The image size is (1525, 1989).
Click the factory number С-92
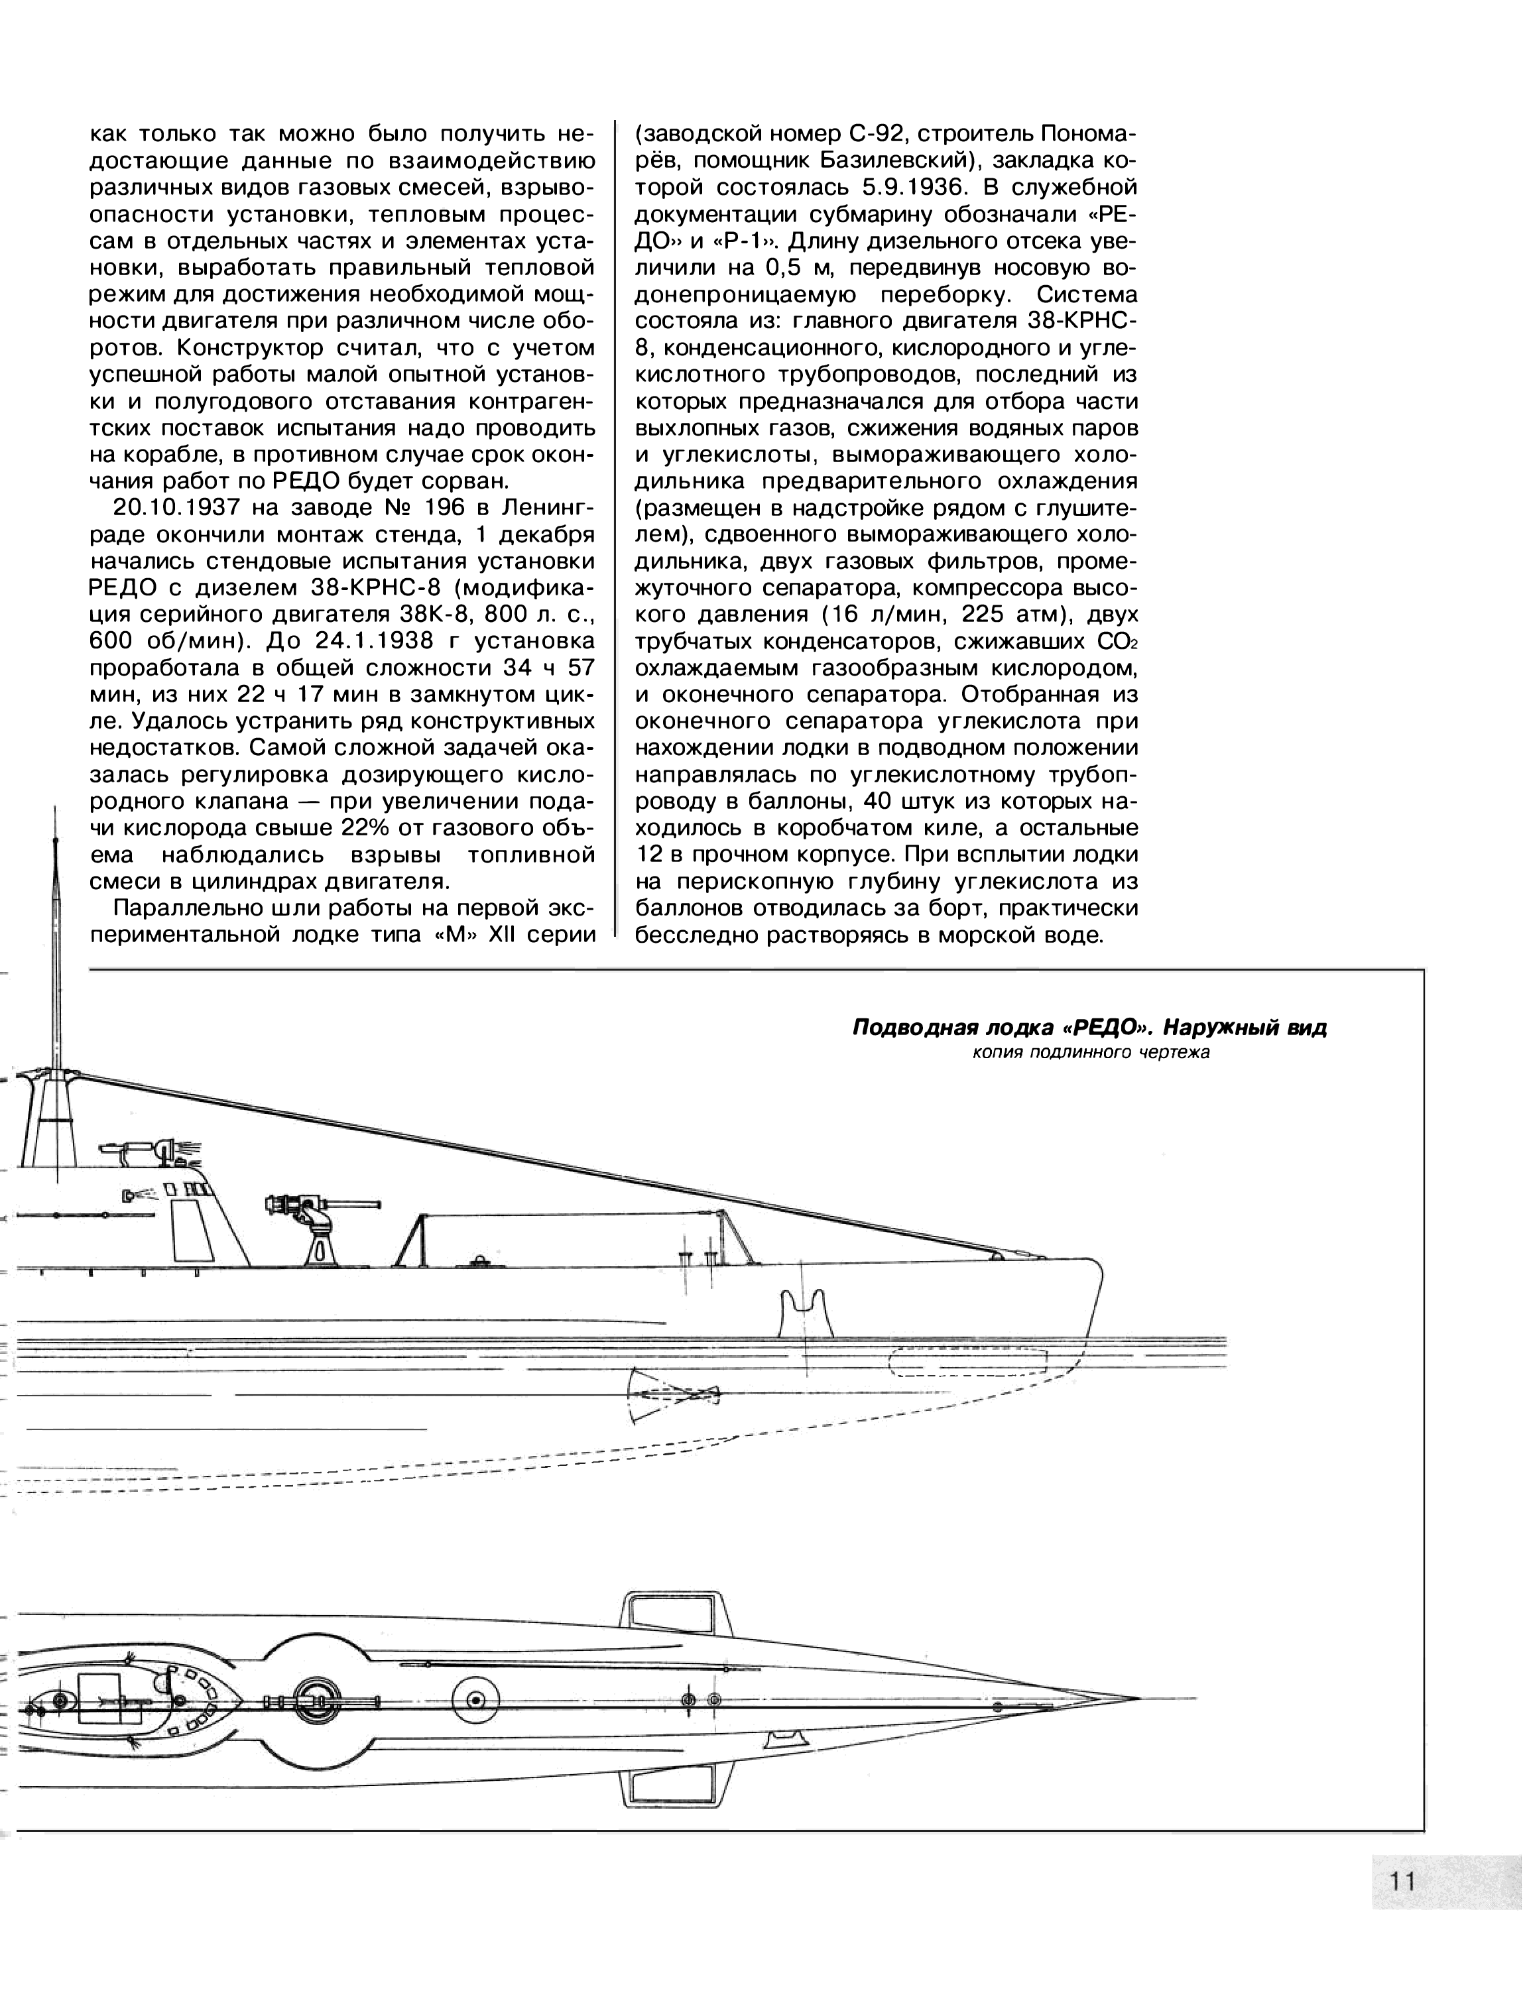(876, 135)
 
